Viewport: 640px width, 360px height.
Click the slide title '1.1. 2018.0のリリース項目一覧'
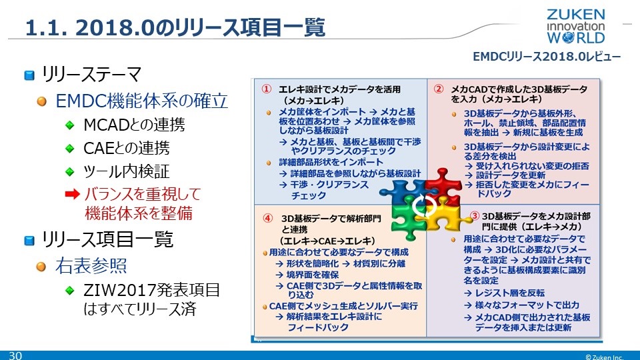tap(175, 27)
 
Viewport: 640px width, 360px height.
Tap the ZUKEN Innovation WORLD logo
tap(575, 26)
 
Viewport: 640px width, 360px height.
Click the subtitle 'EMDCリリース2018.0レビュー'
tap(547, 56)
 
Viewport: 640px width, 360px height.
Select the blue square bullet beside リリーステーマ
tap(29, 75)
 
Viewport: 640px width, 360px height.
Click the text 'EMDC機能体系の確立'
tap(141, 101)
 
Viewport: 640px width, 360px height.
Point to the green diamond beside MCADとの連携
tap(70, 125)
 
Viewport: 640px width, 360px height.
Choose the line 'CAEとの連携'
tap(126, 148)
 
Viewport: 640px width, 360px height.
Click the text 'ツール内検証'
tap(126, 171)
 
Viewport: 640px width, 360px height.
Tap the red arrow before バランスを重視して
tap(73, 194)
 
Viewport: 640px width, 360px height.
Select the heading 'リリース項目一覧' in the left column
tap(108, 239)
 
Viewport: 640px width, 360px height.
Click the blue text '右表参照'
tap(91, 265)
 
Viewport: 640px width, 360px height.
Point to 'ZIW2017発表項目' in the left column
tap(151, 290)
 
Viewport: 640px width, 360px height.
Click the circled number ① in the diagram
tap(266, 89)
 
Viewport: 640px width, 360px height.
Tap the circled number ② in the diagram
tap(439, 89)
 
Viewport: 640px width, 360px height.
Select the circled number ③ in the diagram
tap(475, 216)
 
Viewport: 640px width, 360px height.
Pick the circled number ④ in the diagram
tap(267, 219)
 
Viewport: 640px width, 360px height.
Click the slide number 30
tap(15, 355)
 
